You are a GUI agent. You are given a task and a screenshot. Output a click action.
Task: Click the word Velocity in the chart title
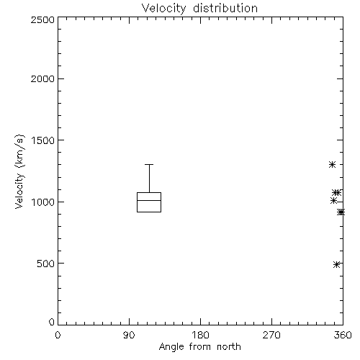point(163,9)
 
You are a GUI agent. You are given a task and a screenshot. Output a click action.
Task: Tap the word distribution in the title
point(225,8)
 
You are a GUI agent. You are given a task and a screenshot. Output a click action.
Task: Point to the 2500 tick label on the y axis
point(42,19)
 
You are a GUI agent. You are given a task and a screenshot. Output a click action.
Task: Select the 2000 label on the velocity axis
point(42,78)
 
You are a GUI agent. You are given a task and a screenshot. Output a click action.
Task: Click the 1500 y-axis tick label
point(43,140)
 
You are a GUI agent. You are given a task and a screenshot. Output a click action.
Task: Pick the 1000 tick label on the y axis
point(43,202)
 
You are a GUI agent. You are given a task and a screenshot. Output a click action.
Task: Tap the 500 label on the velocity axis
point(46,264)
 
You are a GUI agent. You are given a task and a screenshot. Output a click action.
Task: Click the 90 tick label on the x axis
point(129,335)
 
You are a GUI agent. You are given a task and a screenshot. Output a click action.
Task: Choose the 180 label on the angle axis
point(200,335)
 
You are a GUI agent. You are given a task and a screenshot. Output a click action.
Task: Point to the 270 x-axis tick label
point(271,335)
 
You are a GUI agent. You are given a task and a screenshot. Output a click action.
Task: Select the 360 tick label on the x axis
point(343,335)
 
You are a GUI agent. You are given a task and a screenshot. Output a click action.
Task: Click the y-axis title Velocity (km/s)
point(19,171)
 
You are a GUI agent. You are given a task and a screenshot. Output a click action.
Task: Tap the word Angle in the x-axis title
point(171,347)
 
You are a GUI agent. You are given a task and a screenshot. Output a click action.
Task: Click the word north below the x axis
point(229,346)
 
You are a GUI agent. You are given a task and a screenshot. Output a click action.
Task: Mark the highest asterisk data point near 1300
point(332,165)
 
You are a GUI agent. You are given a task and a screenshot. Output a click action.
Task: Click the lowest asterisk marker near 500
point(336,264)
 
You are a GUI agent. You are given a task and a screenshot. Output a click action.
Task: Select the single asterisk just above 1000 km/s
point(333,201)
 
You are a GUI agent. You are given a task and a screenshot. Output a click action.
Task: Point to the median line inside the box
point(149,200)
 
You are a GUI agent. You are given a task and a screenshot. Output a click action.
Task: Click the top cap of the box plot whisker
point(149,165)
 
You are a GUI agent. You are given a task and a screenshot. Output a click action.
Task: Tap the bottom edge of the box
point(149,212)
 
